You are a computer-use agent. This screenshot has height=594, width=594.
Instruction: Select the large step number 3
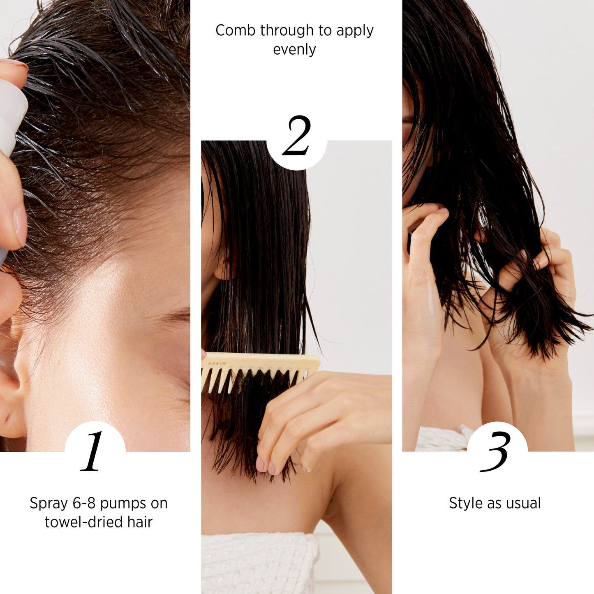tap(495, 451)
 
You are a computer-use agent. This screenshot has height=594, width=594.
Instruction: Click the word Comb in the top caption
tap(236, 30)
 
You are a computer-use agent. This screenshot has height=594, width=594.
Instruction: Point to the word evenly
tap(294, 50)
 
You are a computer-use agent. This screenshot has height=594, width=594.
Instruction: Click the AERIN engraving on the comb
tap(217, 363)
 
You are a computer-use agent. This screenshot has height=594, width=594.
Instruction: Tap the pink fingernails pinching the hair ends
tap(266, 467)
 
